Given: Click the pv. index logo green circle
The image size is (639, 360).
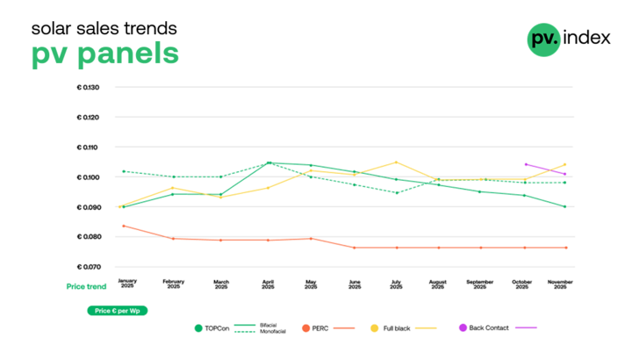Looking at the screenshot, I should pyautogui.click(x=543, y=39).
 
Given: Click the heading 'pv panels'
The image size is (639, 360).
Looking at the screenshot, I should pyautogui.click(x=104, y=54).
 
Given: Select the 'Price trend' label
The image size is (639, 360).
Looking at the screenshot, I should pyautogui.click(x=86, y=285).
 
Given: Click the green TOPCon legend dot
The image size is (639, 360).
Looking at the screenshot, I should pyautogui.click(x=198, y=328).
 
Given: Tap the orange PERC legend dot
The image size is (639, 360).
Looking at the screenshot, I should pyautogui.click(x=306, y=328).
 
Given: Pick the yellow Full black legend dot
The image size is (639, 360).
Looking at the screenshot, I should pyautogui.click(x=374, y=328).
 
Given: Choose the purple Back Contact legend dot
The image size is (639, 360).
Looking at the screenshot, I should pyautogui.click(x=463, y=328).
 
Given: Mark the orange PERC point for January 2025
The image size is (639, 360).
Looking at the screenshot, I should pyautogui.click(x=123, y=227).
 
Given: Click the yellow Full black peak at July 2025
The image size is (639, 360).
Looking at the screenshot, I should pyautogui.click(x=396, y=162).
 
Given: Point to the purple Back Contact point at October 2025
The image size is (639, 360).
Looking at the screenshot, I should pyautogui.click(x=525, y=164).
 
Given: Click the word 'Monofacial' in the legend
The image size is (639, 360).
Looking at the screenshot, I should pyautogui.click(x=274, y=332).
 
